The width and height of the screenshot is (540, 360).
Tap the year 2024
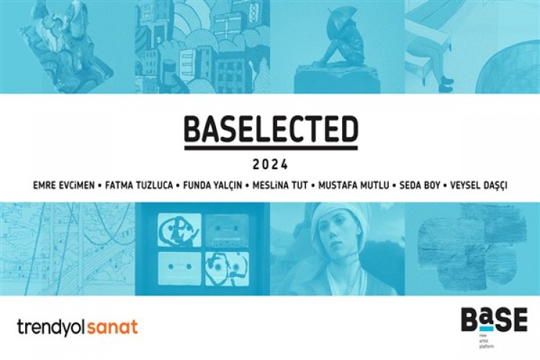[271, 164]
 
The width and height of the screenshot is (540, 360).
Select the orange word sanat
[112, 328]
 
